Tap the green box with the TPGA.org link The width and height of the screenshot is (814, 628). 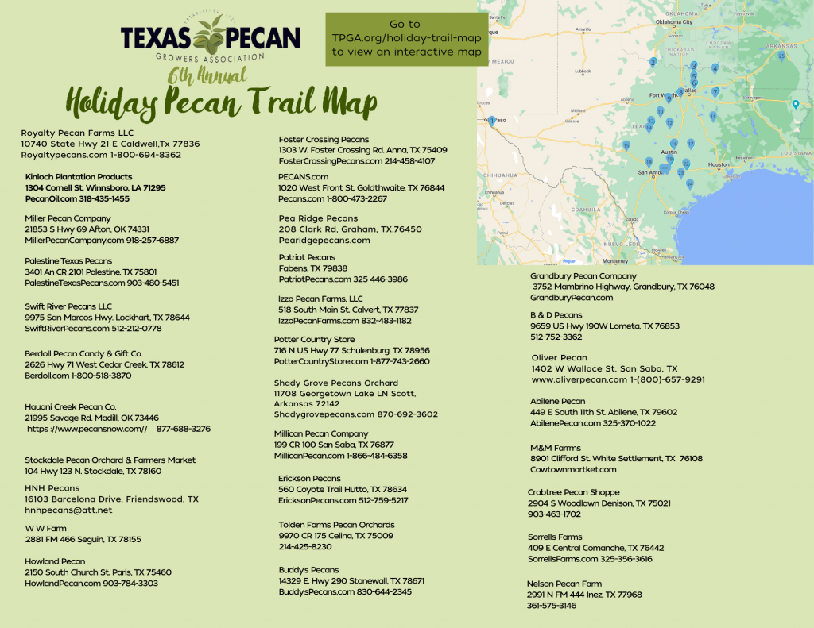click(x=406, y=38)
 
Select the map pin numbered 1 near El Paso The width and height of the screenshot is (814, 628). click(x=492, y=121)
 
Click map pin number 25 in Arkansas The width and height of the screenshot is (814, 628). click(x=782, y=56)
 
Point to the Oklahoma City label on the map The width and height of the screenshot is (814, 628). click(x=673, y=22)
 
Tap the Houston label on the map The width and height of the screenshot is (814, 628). click(x=719, y=164)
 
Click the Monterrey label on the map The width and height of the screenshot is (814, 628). click(x=614, y=260)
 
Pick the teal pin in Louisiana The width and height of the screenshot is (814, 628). click(x=795, y=104)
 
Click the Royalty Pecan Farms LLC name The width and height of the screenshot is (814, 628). click(x=77, y=133)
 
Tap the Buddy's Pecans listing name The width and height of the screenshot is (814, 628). click(x=308, y=570)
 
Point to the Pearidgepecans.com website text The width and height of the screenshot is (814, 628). click(x=324, y=240)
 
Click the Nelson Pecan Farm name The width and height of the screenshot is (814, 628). click(x=564, y=584)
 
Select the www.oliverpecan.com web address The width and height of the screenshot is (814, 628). click(x=579, y=379)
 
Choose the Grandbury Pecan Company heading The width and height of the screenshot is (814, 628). click(x=583, y=276)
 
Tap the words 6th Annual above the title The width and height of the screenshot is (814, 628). click(x=207, y=75)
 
